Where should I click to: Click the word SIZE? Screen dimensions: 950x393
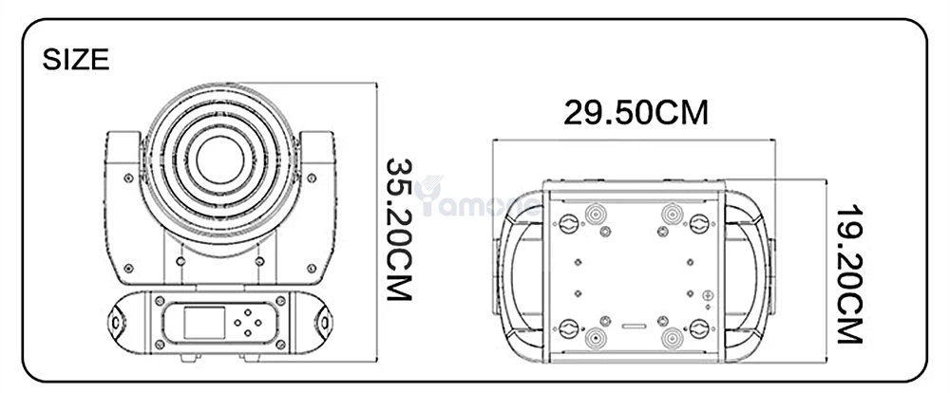point(76,60)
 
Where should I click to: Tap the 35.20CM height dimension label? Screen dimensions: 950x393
point(400,230)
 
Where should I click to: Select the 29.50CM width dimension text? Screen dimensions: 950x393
point(636,113)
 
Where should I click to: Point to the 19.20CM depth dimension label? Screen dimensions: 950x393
point(848,275)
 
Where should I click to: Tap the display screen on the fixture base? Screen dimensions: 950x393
point(205,323)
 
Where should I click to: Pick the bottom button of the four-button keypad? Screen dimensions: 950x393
point(248,332)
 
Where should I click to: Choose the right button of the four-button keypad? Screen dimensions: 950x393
point(258,323)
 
